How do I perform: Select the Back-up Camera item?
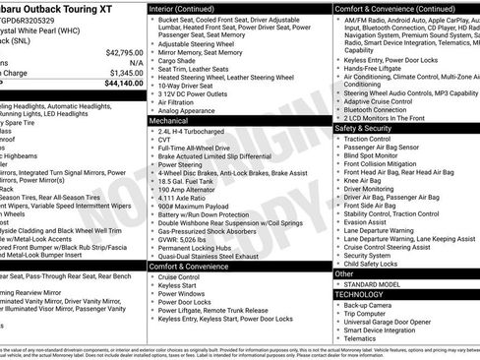click(368, 305)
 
